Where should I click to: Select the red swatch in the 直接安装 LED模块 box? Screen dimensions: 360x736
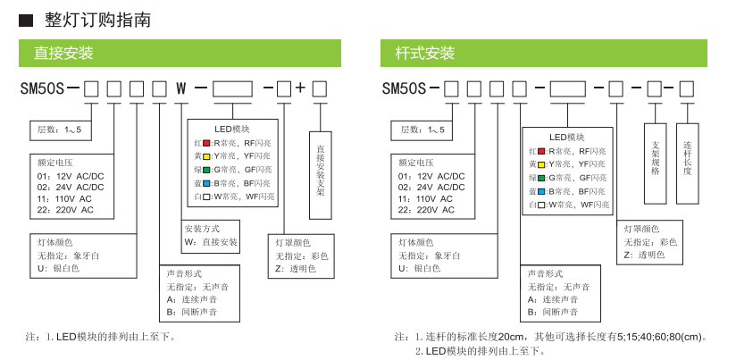click(x=206, y=143)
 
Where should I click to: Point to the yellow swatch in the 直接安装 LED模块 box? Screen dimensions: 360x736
click(x=206, y=156)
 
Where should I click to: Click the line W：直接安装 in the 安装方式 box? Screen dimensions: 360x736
click(x=211, y=242)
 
